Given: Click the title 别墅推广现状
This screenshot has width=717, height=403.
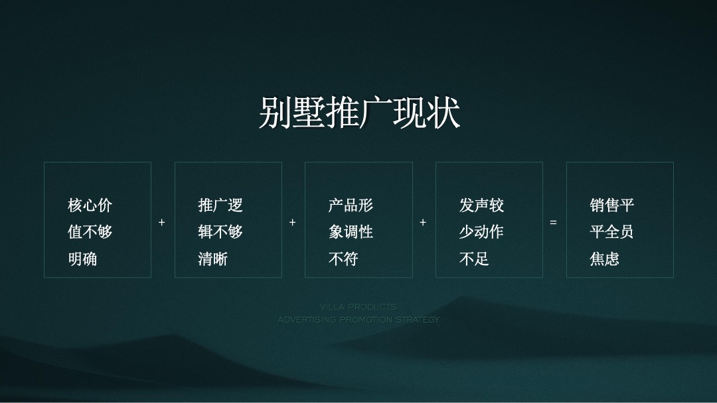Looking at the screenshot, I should tap(358, 113).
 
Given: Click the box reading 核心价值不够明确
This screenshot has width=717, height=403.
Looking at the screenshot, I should tap(98, 219).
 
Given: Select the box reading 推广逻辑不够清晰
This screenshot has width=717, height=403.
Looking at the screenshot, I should tap(228, 219).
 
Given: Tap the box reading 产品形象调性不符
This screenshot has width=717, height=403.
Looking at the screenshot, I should tap(358, 219).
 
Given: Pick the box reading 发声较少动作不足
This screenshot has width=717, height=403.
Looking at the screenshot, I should tap(489, 219).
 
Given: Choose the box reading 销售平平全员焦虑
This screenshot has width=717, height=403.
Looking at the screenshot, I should tap(619, 219).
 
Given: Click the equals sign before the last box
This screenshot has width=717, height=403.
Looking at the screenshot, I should tap(553, 223).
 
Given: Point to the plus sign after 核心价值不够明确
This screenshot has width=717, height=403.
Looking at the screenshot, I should tap(162, 223).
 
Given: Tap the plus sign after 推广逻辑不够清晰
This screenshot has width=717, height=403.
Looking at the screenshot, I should tap(292, 223).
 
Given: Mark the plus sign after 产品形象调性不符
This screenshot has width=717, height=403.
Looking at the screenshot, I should tap(423, 223).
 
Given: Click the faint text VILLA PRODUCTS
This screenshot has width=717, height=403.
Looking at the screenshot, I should tap(358, 307).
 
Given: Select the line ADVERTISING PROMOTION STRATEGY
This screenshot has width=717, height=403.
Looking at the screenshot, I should tap(358, 319).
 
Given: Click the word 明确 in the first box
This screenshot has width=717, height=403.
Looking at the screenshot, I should tap(82, 259).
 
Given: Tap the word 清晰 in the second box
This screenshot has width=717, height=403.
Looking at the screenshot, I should tap(212, 259).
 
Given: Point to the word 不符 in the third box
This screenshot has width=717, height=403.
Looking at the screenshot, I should tap(343, 259).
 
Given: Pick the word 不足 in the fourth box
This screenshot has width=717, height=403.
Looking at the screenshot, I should tap(474, 259).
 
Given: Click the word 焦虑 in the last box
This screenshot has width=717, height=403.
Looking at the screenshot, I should tap(604, 259).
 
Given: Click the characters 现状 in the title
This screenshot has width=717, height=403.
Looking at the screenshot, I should tap(426, 113).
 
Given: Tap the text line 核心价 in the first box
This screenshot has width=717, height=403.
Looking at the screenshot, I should tap(90, 205).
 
